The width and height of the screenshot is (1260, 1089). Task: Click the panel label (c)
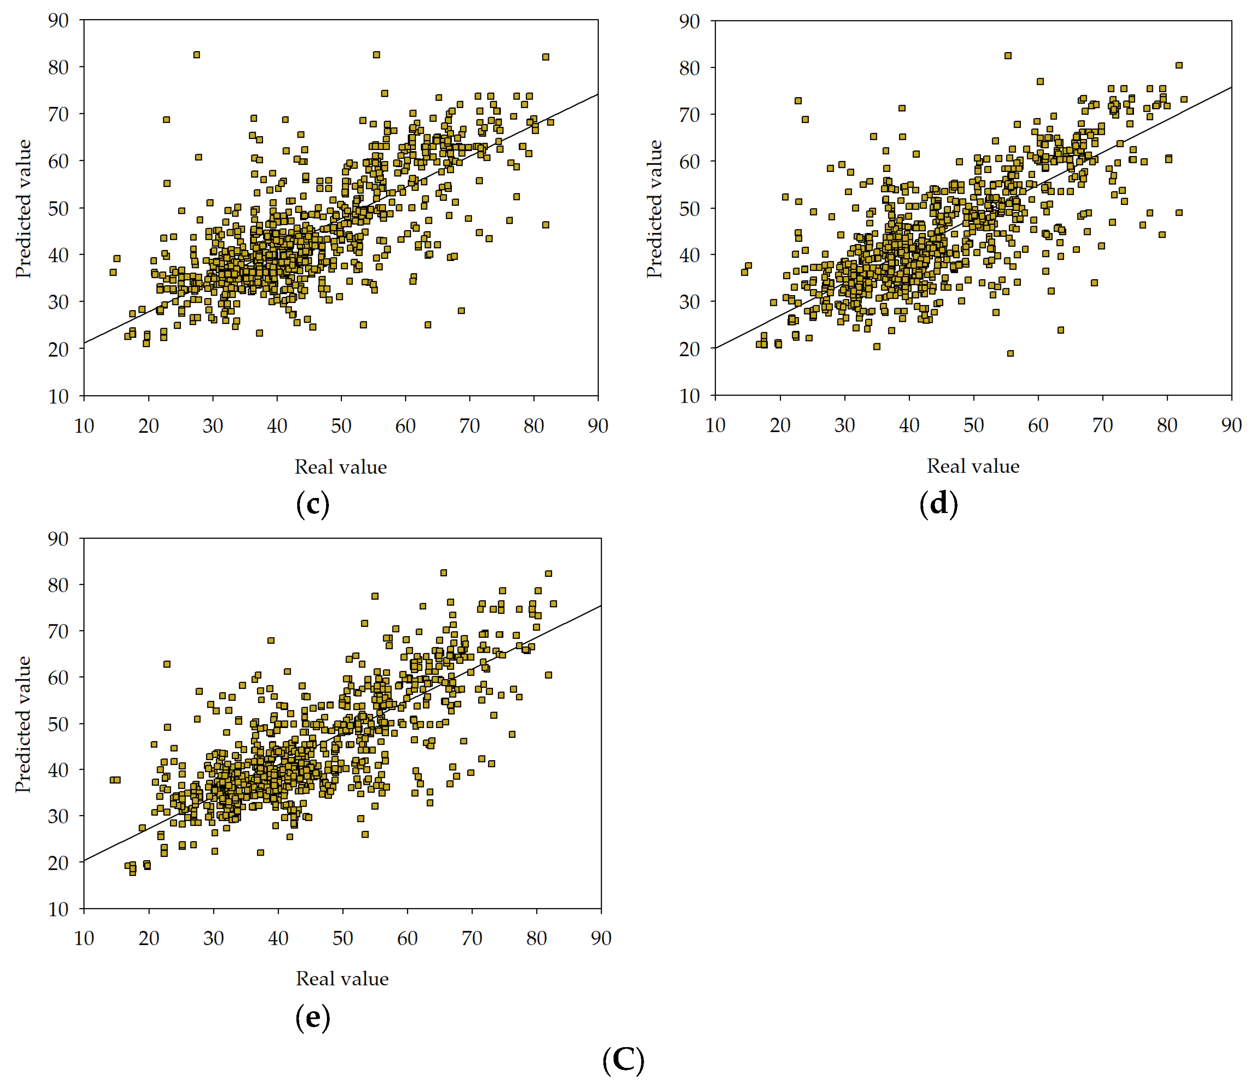(313, 505)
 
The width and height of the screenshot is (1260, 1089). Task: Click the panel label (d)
(938, 504)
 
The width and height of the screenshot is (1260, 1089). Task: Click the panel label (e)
(313, 1017)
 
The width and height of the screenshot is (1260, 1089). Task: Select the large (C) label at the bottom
(623, 1060)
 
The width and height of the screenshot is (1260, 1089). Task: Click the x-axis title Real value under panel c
(341, 467)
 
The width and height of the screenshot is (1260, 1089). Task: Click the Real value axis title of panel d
(973, 466)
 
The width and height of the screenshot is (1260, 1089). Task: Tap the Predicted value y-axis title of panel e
(23, 724)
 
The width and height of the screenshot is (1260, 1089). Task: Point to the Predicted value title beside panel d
(654, 209)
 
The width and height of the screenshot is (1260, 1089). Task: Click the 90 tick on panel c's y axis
(59, 20)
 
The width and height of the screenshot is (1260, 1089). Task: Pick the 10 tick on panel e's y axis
(59, 909)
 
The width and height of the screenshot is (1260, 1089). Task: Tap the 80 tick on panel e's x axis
(536, 938)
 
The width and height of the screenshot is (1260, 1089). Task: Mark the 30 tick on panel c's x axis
(213, 426)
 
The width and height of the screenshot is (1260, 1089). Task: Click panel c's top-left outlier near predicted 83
(196, 55)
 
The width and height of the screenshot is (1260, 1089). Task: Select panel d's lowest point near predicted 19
(1010, 353)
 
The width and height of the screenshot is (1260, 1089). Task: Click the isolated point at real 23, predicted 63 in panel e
(167, 664)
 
